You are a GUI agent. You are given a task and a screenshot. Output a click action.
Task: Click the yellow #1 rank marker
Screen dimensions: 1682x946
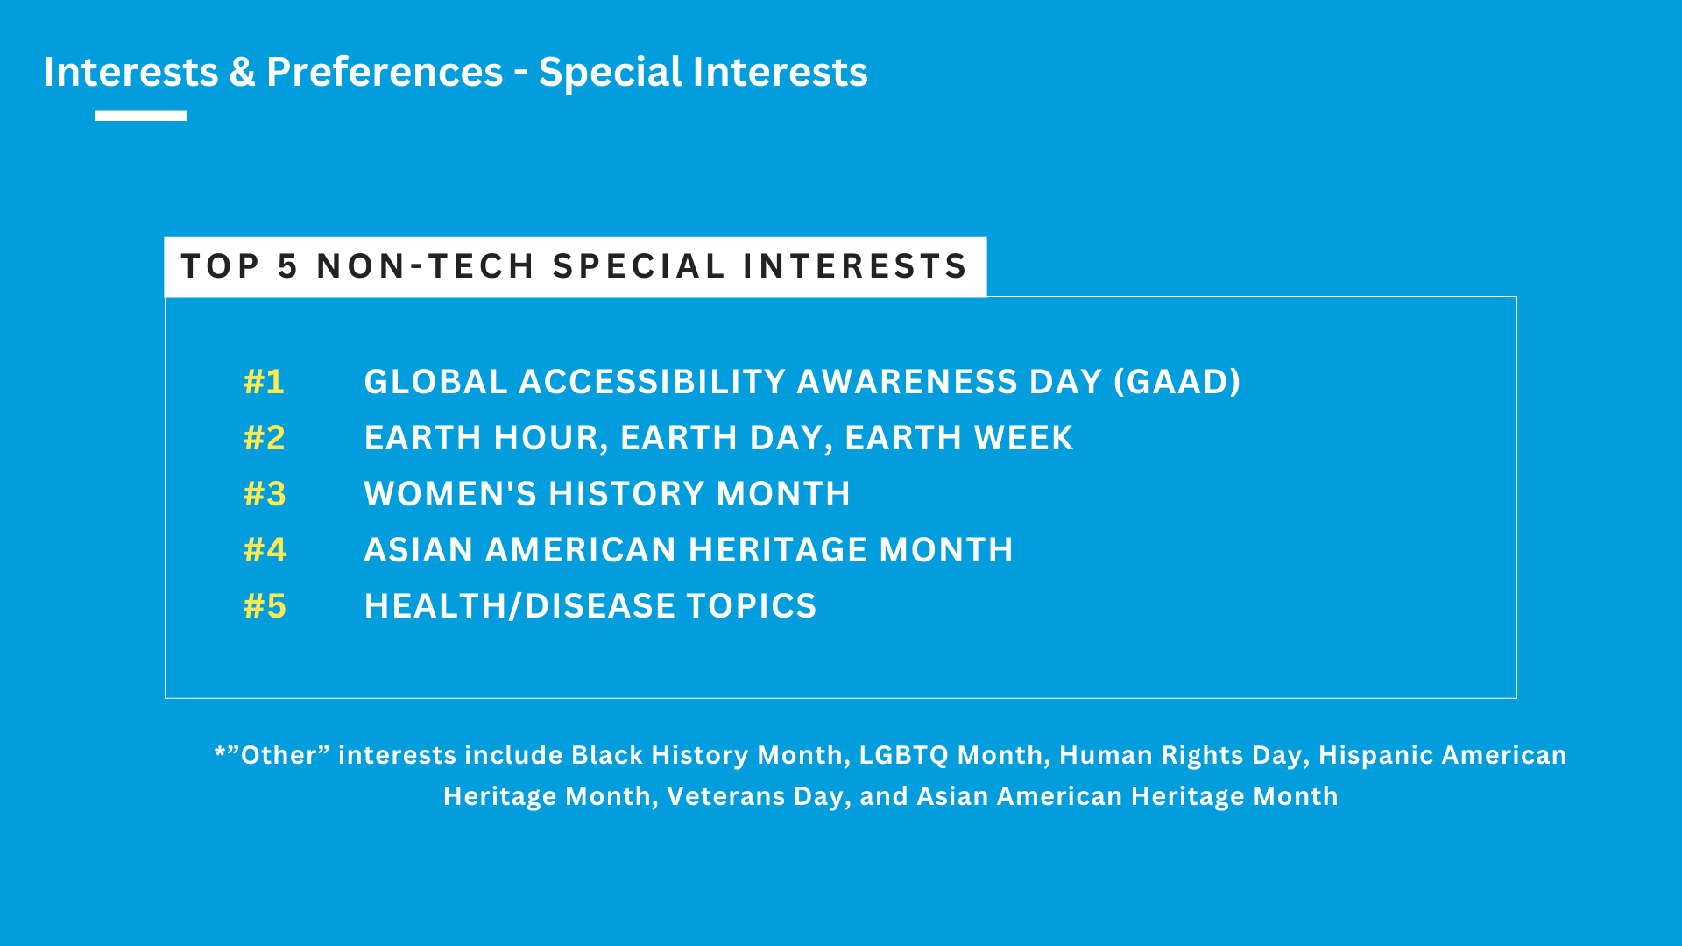pos(264,382)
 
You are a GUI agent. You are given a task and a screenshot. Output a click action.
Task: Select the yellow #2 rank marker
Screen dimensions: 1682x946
pos(264,438)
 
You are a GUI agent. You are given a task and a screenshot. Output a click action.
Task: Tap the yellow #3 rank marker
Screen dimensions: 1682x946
pos(265,494)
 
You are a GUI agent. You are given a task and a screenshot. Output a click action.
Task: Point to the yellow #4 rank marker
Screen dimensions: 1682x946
pos(265,550)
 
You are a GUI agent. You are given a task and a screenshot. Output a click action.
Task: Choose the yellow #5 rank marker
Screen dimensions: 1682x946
pos(265,606)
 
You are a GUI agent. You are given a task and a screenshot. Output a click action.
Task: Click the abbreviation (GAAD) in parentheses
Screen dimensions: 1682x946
pos(1177,382)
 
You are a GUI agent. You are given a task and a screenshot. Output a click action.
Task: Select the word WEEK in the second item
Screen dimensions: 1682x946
pos(1023,438)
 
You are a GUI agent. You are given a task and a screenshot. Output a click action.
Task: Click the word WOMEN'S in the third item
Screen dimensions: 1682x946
pos(450,494)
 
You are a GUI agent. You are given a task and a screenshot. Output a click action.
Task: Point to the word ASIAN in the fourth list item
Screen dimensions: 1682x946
pos(419,550)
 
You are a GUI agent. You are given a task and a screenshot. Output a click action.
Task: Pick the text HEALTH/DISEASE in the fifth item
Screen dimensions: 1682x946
pos(519,606)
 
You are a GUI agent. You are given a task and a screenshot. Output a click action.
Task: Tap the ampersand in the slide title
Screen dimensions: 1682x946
pos(242,72)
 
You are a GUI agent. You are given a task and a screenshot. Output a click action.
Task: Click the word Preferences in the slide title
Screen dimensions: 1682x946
pos(385,72)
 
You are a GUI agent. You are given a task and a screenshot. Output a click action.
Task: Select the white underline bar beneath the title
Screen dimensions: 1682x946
pos(140,116)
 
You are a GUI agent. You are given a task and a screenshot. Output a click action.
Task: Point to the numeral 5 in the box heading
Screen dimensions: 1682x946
pos(287,266)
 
